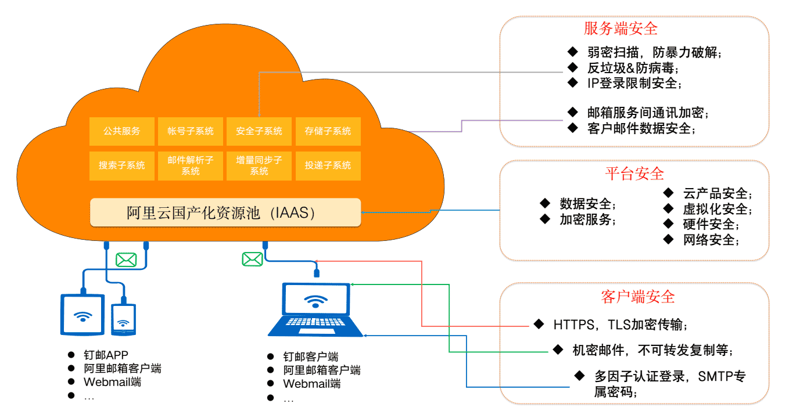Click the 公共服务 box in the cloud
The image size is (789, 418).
pyautogui.click(x=122, y=131)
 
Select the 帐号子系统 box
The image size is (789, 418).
pyautogui.click(x=191, y=131)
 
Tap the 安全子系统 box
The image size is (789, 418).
pyautogui.click(x=259, y=131)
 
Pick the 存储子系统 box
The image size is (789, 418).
pyautogui.click(x=328, y=131)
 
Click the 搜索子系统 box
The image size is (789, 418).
pyautogui.click(x=122, y=165)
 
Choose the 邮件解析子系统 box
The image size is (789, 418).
pyautogui.click(x=191, y=165)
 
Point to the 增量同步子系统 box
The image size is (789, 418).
pyautogui.click(x=259, y=165)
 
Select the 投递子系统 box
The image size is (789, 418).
pyautogui.click(x=328, y=165)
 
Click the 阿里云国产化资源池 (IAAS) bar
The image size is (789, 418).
pyautogui.click(x=225, y=212)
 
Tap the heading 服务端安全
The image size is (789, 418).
pyautogui.click(x=621, y=28)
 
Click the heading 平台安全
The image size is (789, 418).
pyautogui.click(x=634, y=174)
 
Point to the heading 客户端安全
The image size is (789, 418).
pyautogui.click(x=637, y=297)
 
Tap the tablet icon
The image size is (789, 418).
pyautogui.click(x=83, y=314)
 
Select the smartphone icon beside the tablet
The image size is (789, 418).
pyautogui.click(x=123, y=319)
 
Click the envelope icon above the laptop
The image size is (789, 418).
pyautogui.click(x=252, y=258)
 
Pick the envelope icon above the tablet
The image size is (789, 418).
pyautogui.click(x=126, y=260)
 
